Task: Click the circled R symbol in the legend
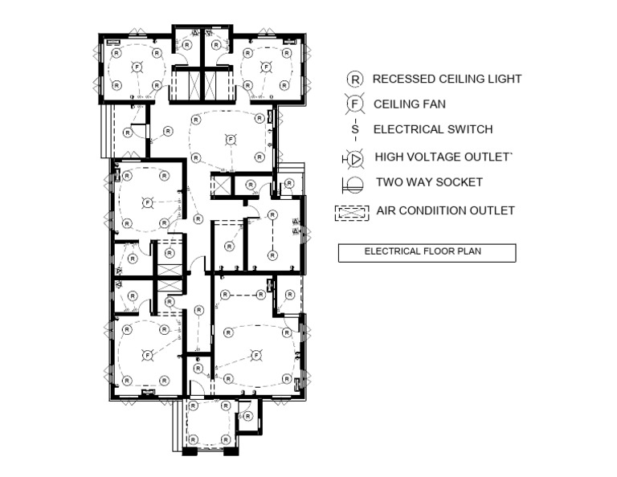click(353, 79)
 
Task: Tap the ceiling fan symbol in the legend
click(353, 104)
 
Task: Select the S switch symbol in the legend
click(354, 129)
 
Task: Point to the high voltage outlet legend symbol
click(353, 158)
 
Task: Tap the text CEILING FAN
click(410, 104)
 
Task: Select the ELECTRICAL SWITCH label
click(433, 129)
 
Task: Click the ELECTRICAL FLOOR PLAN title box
click(426, 252)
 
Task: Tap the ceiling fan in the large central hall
click(231, 139)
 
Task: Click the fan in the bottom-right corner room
click(256, 354)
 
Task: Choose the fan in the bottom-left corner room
click(147, 354)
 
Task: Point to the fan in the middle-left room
click(147, 202)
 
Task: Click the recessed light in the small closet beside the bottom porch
click(248, 416)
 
